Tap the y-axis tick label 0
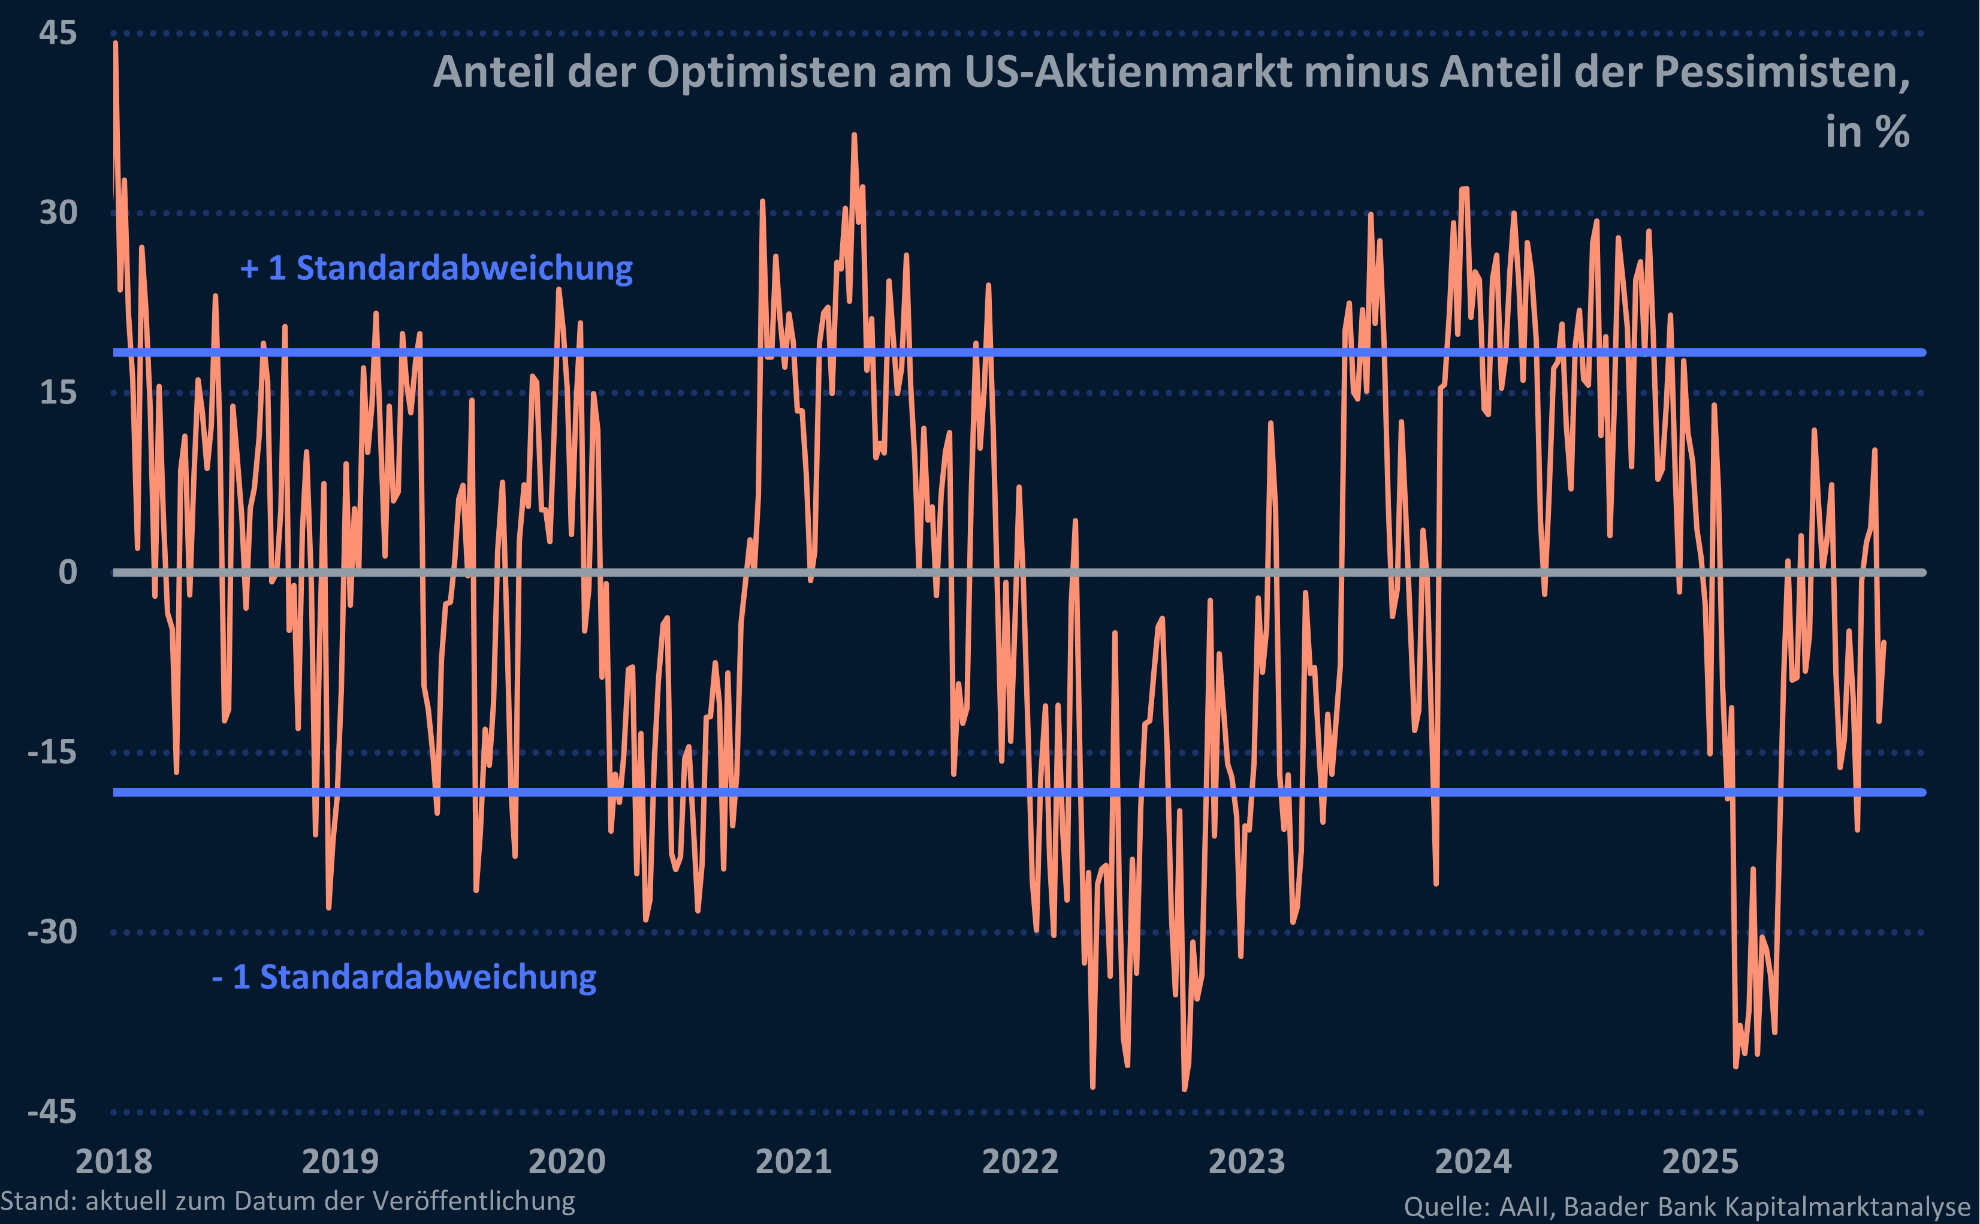[x=68, y=573]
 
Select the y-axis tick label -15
[x=52, y=753]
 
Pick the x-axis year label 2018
[x=113, y=1162]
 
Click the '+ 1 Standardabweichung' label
[x=437, y=268]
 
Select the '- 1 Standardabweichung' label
[x=404, y=977]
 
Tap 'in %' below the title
[x=1867, y=132]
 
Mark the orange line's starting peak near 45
[x=116, y=44]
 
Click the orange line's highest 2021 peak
[x=853, y=136]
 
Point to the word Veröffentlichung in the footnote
[x=485, y=1201]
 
